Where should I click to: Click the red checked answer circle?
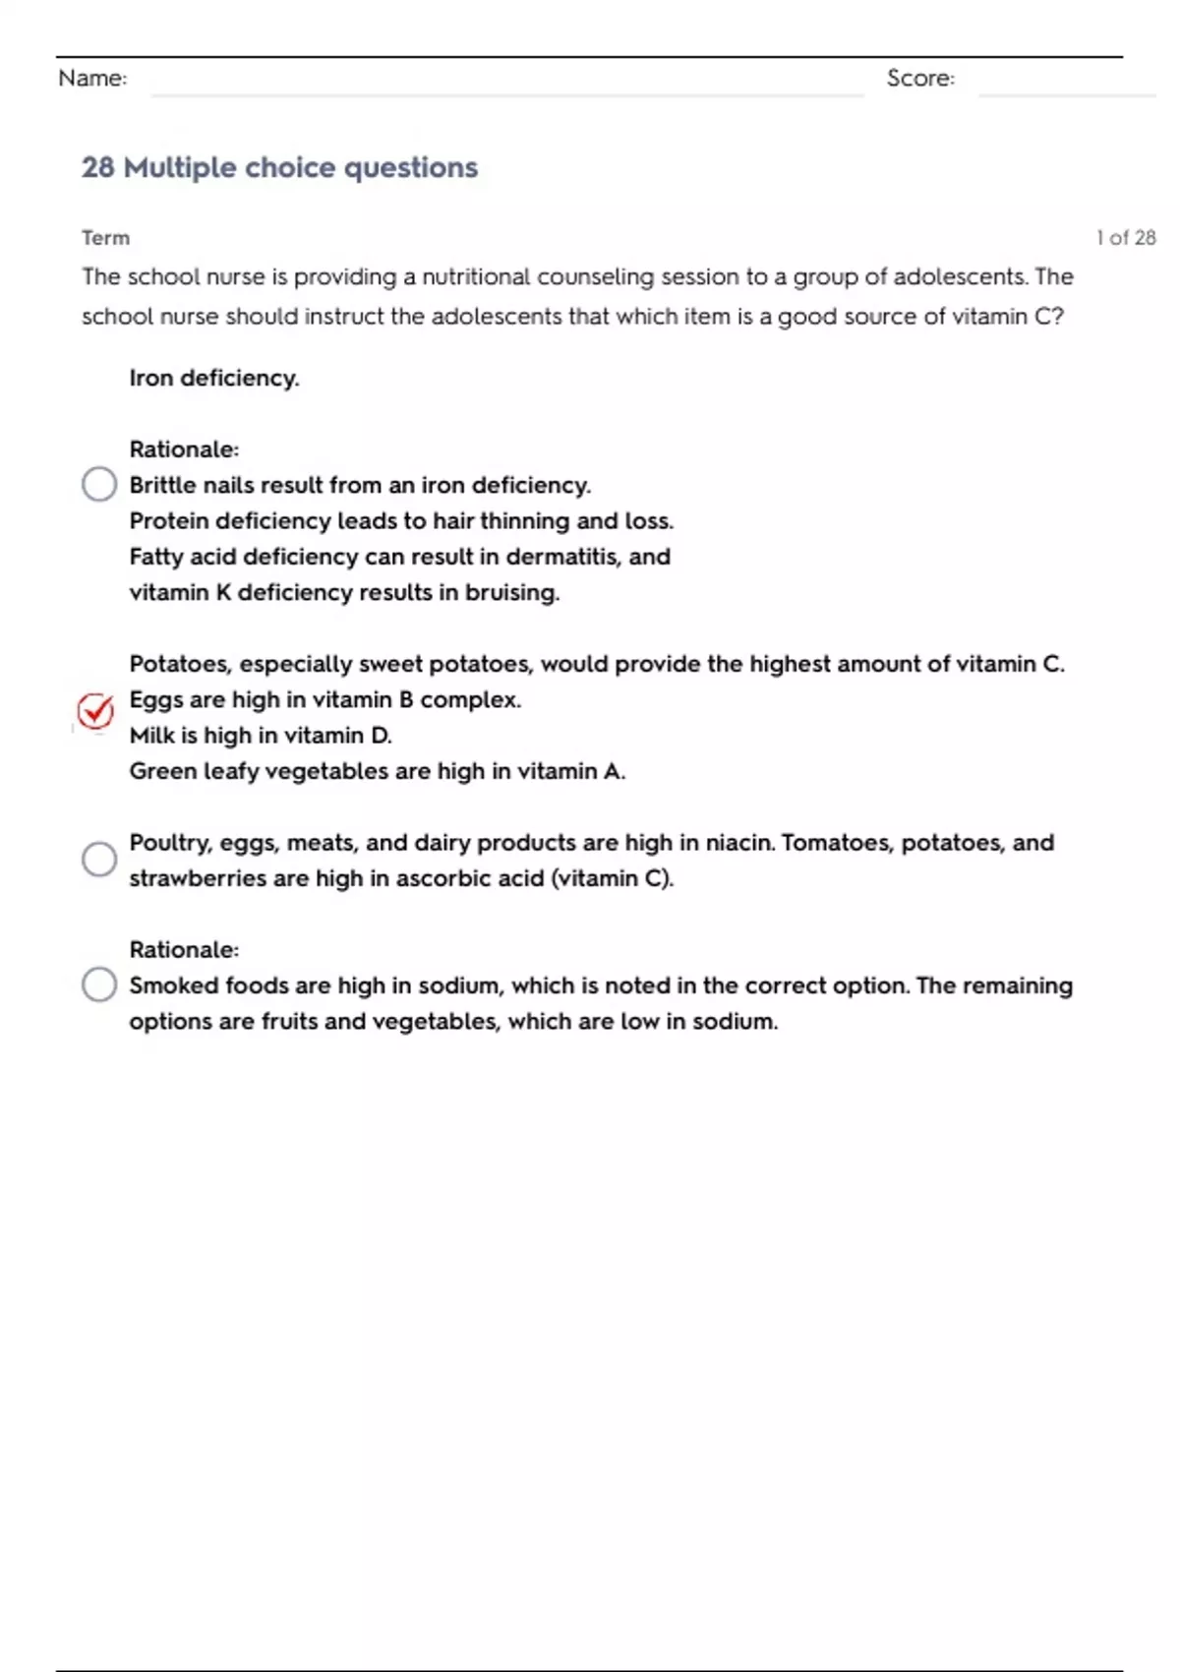point(95,710)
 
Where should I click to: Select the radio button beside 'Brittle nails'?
point(99,484)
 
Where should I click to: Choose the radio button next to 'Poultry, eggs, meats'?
point(99,860)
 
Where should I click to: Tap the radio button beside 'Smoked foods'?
point(99,985)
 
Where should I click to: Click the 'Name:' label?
point(92,79)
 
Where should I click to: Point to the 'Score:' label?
point(920,79)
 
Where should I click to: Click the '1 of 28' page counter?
point(1126,238)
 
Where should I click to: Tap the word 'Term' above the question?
point(105,238)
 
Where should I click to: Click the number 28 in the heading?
point(97,168)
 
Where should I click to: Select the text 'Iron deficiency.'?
point(214,379)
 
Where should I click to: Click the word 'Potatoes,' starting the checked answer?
point(181,665)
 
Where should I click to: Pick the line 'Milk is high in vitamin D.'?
point(261,736)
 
